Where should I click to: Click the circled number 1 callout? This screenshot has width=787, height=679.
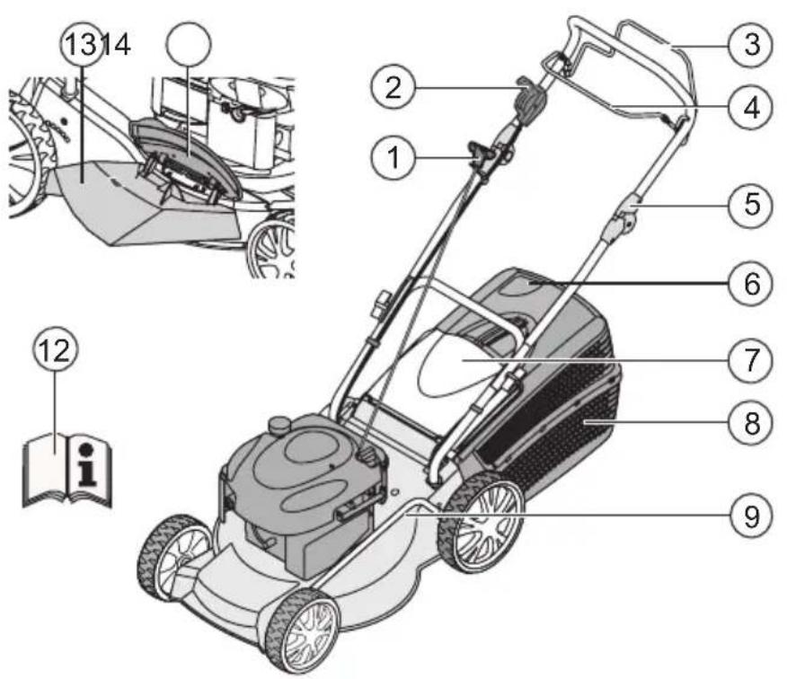(393, 157)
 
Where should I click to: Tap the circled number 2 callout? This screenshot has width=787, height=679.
(393, 87)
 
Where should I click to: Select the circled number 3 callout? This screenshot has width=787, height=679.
(751, 44)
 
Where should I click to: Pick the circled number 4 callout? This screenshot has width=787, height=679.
(751, 108)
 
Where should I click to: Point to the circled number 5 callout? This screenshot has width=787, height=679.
(751, 204)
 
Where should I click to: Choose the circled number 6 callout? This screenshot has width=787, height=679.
(751, 284)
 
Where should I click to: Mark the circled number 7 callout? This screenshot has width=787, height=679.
(751, 360)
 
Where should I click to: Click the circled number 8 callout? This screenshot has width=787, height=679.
(751, 422)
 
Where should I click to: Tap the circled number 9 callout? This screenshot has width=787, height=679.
(751, 516)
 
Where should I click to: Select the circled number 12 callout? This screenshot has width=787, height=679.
(55, 349)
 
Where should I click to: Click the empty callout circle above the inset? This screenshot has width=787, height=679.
(189, 44)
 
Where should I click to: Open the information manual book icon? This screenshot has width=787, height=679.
(67, 470)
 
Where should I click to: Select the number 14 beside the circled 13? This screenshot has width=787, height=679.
(117, 45)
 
